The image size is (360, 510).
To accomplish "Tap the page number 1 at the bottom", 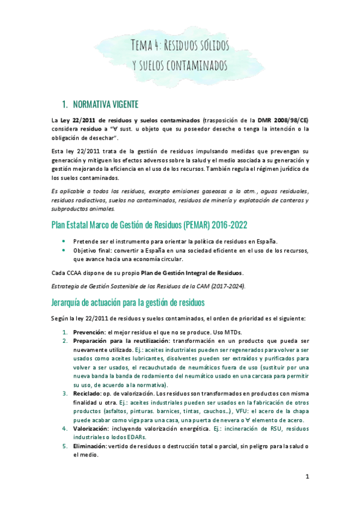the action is [x=307, y=478].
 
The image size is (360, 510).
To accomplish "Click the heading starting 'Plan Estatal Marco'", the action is [x=144, y=225].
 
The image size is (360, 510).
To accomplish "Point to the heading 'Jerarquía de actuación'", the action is [x=129, y=301].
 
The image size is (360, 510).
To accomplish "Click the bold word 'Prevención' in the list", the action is [x=90, y=331].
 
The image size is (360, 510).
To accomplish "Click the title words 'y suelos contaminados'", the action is [x=180, y=64].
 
